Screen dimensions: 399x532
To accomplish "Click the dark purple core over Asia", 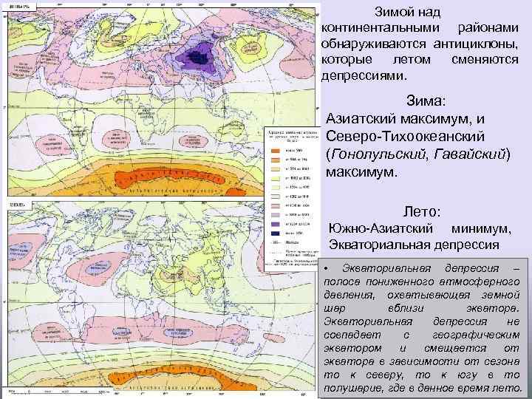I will point(199,54).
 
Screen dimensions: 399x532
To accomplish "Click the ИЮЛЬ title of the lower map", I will point(16,203).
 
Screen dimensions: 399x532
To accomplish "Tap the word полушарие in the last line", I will point(354,388).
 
